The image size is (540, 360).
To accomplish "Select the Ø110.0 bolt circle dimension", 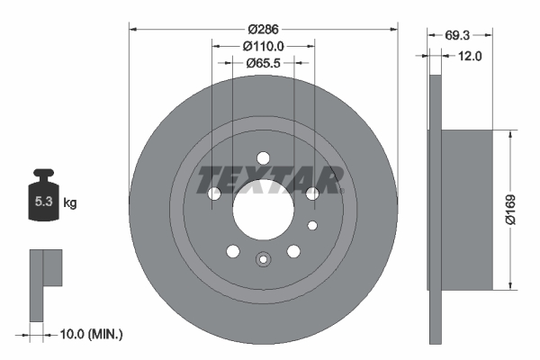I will [264, 46].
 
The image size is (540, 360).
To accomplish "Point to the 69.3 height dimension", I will [459, 35].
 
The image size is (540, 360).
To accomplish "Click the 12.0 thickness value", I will [471, 56].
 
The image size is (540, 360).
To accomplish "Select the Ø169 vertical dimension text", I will [508, 209].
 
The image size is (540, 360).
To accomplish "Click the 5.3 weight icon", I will [42, 199].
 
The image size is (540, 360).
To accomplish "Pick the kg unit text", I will [70, 203].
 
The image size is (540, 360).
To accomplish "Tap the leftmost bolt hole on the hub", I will [214, 193].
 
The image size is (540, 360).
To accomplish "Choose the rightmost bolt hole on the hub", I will [312, 193].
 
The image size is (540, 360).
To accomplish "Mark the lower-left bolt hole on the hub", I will [233, 251].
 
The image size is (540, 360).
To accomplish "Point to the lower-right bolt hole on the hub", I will [293, 251].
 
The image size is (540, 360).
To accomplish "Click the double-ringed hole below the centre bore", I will [263, 260].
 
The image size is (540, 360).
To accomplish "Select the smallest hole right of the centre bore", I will [312, 225].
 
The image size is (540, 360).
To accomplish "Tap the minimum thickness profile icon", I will [45, 283].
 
